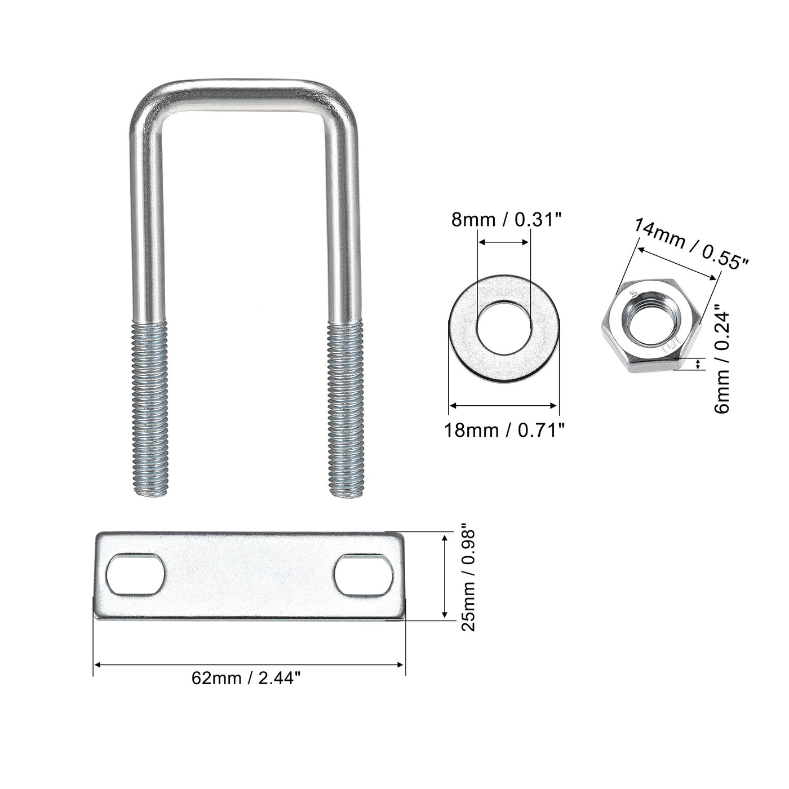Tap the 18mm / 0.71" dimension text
pyautogui.click(x=504, y=431)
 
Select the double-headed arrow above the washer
pyautogui.click(x=503, y=243)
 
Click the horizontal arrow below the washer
pyautogui.click(x=503, y=405)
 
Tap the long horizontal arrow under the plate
pyautogui.click(x=249, y=665)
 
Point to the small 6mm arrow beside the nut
pyautogui.click(x=699, y=364)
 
